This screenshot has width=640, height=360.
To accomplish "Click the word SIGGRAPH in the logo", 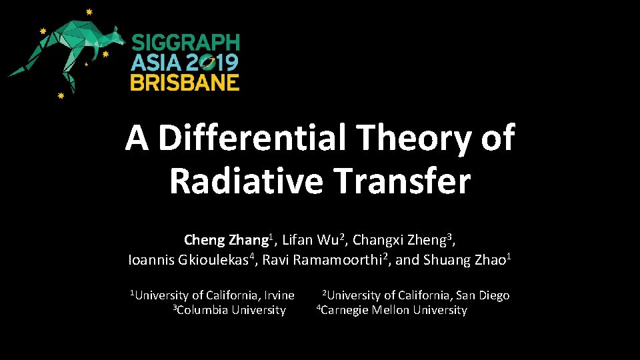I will (x=185, y=43).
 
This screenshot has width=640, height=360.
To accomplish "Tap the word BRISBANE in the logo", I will (x=185, y=82).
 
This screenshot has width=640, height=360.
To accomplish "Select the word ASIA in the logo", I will (x=155, y=63).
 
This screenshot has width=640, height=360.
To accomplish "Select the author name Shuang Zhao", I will (x=465, y=260).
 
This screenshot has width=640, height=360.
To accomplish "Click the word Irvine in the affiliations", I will (x=279, y=295).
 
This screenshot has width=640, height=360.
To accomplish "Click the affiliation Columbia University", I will (x=231, y=310).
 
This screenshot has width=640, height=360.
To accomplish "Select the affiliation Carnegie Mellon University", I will (x=393, y=310).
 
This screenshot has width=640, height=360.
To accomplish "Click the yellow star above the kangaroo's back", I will (x=89, y=12).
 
